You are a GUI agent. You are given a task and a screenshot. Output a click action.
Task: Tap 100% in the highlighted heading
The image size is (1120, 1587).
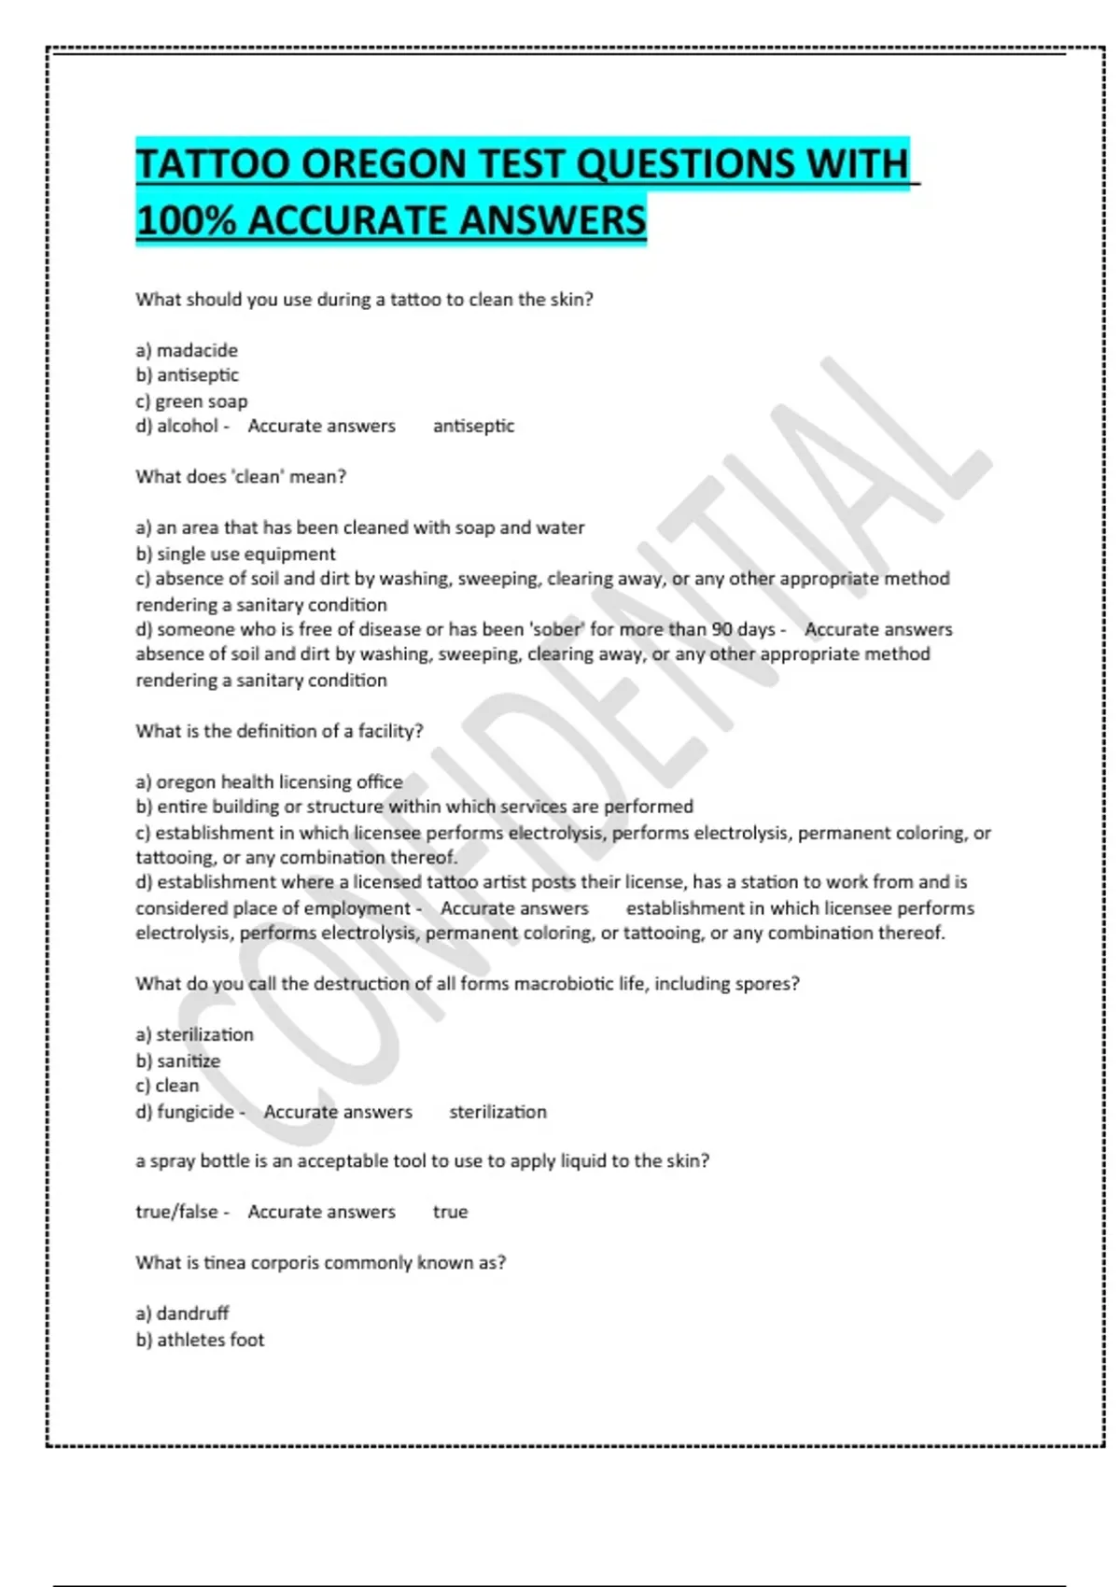[186, 221]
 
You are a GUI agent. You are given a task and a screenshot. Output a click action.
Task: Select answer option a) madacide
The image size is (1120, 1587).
[187, 350]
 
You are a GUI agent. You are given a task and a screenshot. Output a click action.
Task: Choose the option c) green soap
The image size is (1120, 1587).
[191, 401]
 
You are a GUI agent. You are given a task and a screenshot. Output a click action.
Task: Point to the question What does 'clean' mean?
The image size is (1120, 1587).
[241, 476]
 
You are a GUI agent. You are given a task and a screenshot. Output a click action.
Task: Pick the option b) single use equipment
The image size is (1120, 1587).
[235, 554]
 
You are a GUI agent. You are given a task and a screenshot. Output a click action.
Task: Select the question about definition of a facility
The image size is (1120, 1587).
[279, 731]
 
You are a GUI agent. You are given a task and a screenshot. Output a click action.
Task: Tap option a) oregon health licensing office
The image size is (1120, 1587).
[269, 781]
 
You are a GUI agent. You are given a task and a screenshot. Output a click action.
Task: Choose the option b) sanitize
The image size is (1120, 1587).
[178, 1060]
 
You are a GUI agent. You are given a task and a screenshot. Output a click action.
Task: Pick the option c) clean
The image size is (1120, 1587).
[167, 1086]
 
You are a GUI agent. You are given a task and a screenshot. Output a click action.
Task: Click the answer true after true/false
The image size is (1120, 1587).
[450, 1212]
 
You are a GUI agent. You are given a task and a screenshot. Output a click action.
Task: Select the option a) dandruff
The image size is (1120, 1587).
[182, 1313]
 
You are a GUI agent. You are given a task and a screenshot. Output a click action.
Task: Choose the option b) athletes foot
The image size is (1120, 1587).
[200, 1340]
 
